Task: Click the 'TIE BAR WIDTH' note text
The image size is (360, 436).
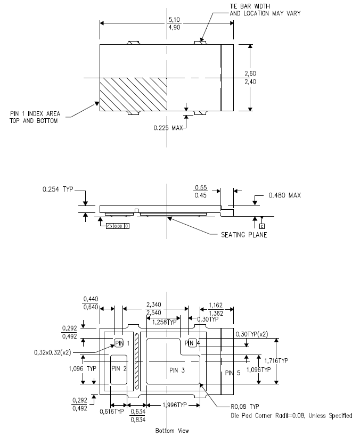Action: point(250,5)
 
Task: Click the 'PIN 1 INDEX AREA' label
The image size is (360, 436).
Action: point(35,113)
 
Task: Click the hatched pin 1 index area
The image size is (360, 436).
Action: point(133,94)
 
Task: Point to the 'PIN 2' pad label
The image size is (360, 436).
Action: point(119,368)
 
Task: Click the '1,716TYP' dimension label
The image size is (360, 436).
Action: point(276,360)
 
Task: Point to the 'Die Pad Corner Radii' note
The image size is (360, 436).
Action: point(291,415)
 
